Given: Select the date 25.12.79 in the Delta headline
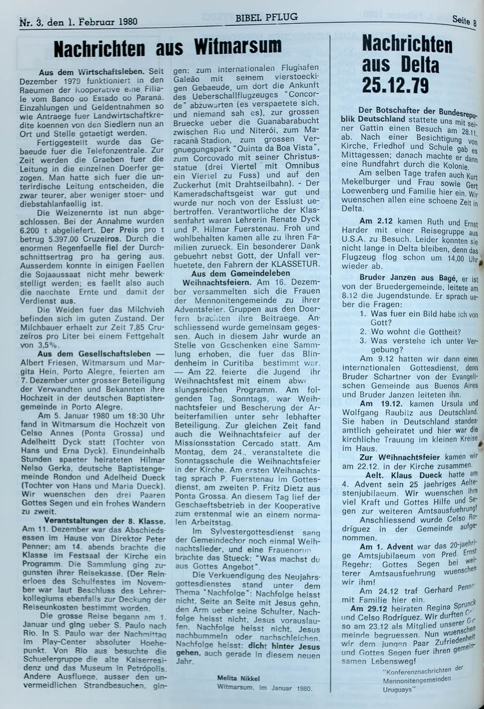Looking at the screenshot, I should click(396, 85).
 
